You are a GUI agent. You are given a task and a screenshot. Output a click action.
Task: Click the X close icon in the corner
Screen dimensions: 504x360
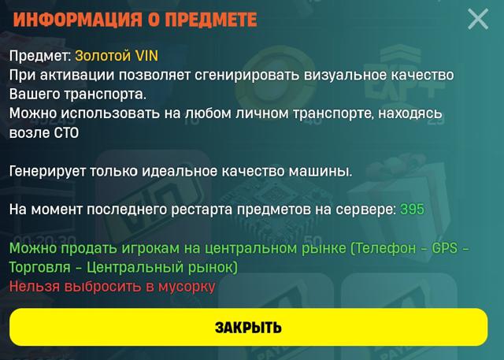478,19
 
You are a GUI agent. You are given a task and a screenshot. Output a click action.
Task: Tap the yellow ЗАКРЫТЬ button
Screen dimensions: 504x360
249,327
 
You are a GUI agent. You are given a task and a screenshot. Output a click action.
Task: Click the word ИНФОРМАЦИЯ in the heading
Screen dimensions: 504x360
78,20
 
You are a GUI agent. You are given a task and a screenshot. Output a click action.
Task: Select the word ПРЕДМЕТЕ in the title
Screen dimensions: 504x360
211,20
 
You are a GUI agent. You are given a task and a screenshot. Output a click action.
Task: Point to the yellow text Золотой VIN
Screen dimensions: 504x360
117,56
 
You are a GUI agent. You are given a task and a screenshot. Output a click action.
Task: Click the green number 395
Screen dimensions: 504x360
412,210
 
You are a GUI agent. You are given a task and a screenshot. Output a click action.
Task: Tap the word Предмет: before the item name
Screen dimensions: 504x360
40,56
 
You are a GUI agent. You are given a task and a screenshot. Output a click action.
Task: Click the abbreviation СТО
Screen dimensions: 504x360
66,133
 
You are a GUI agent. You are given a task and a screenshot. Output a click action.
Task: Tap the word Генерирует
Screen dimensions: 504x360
47,171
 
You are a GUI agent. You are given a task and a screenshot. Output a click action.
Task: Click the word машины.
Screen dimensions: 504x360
321,171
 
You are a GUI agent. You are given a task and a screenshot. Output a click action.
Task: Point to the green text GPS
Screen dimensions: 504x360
444,248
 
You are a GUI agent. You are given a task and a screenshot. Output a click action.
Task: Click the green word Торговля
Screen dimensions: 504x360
40,267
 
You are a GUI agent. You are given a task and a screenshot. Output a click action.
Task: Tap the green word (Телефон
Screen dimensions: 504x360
383,248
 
